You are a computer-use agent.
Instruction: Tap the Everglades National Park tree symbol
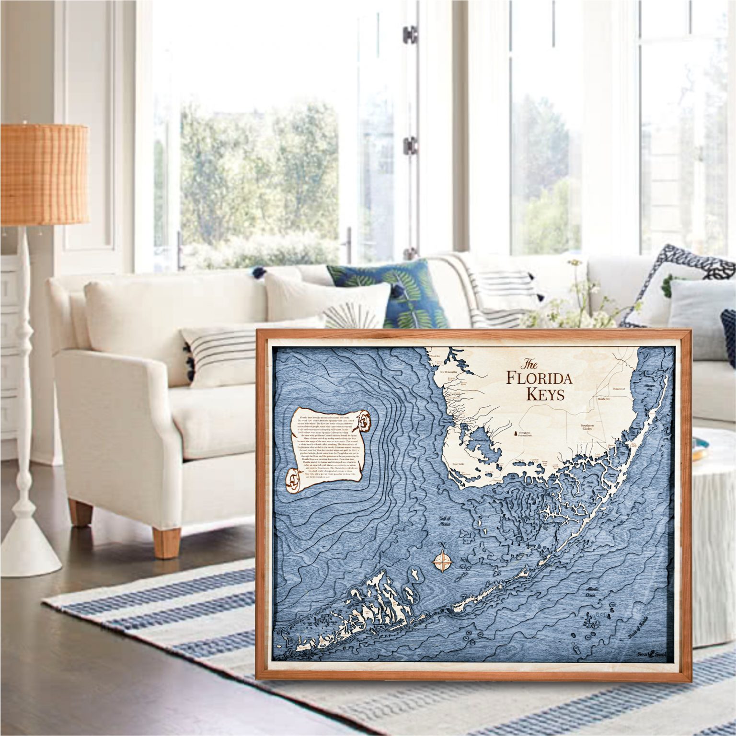(516, 434)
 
